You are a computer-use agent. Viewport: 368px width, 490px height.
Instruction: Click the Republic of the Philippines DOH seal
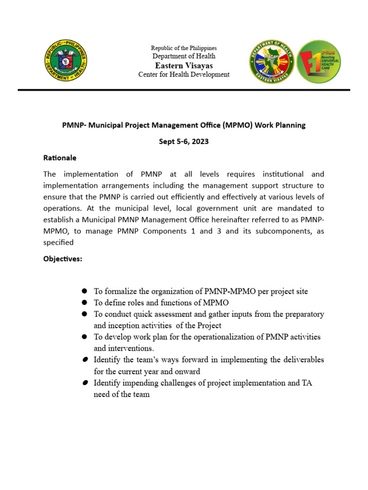65,61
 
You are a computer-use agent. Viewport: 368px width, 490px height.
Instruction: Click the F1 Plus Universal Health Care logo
319,61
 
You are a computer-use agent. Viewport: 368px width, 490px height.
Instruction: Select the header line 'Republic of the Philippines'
184,48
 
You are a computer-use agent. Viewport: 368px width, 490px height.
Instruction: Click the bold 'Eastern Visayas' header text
184,66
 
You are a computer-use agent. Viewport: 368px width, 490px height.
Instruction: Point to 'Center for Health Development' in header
184,75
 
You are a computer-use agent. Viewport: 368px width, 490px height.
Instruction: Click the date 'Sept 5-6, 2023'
184,142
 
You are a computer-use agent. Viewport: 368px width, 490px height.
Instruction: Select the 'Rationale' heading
60,158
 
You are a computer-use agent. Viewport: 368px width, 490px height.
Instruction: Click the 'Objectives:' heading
63,259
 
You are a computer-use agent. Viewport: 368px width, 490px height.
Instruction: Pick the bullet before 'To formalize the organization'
84,291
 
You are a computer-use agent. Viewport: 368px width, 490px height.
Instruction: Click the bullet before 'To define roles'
84,302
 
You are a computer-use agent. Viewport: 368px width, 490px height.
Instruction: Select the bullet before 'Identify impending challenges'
84,383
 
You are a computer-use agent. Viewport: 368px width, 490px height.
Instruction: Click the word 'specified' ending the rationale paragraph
58,243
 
